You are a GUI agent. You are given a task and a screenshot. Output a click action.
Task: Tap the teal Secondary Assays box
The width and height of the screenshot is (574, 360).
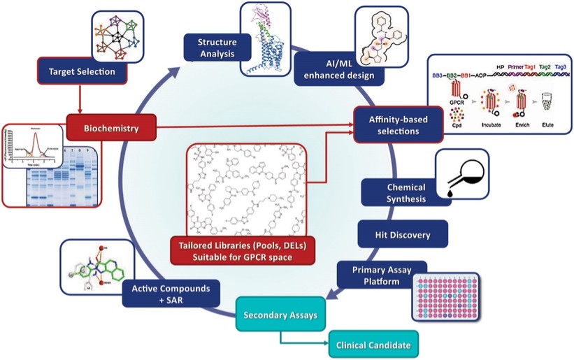pyautogui.click(x=280, y=315)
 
